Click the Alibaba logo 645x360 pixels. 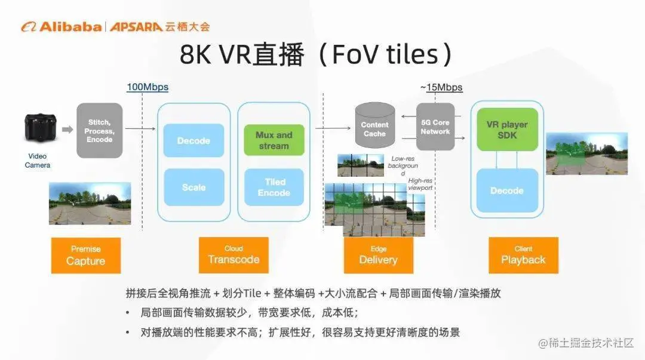coord(62,26)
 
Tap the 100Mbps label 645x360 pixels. coord(148,87)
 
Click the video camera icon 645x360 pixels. coord(40,128)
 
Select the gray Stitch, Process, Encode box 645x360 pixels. coord(99,130)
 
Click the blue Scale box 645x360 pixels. coord(193,187)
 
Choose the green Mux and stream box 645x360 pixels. coord(274,140)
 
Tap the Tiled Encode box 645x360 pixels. coord(274,187)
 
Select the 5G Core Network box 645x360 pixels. coord(435,127)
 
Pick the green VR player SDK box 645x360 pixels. coord(507,130)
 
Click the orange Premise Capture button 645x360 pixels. coord(86,255)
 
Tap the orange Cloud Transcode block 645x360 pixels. coord(234,254)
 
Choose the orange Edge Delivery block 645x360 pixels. coord(378,254)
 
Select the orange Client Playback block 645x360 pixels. coord(523,254)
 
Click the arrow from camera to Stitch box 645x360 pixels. coord(67,128)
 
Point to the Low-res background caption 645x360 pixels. coord(403,165)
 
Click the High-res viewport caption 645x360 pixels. coord(420,184)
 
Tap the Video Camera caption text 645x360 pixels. coord(38,161)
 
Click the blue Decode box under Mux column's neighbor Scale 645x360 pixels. coord(193,141)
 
